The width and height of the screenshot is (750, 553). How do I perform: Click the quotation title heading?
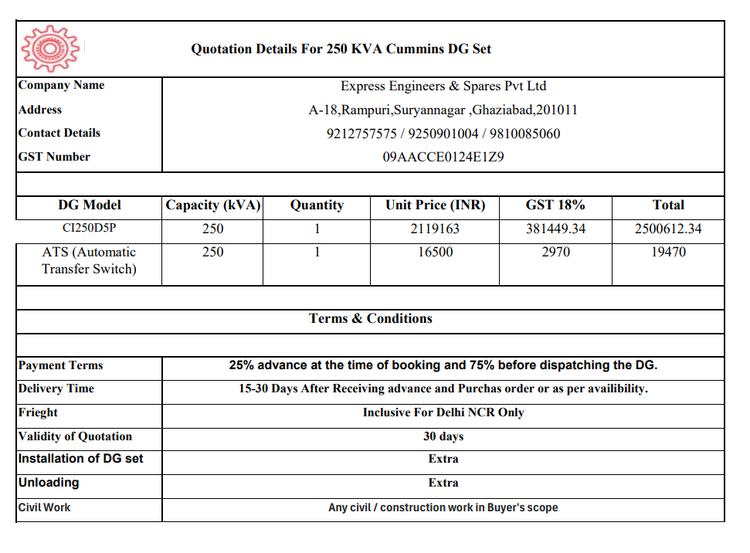[x=341, y=49]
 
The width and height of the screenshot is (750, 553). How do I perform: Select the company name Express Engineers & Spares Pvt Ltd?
[x=443, y=86]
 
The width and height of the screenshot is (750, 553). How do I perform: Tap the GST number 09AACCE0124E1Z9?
[x=443, y=157]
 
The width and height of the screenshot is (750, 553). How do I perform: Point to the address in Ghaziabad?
[x=443, y=110]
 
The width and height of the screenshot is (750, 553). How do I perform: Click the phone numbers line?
[x=443, y=134]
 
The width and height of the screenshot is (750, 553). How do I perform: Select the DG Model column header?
[x=90, y=205]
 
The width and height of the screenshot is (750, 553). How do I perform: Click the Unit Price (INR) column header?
[x=435, y=205]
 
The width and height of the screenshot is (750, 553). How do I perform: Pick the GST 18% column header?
[x=555, y=205]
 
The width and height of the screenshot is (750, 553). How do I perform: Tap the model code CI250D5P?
[x=90, y=229]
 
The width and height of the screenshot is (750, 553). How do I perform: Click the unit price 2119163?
[x=435, y=229]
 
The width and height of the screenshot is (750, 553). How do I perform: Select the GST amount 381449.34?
[x=555, y=229]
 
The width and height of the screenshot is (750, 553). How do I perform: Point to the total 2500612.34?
[x=668, y=229]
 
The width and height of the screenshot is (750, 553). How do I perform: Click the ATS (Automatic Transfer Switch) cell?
[x=90, y=260]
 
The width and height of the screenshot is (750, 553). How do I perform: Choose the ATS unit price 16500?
[x=435, y=252]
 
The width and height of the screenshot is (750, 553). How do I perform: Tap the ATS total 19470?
[x=668, y=252]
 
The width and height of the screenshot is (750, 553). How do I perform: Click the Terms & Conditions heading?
[x=371, y=318]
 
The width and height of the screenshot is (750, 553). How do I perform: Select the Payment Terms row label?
[x=60, y=365]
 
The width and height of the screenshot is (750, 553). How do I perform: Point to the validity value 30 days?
[x=443, y=436]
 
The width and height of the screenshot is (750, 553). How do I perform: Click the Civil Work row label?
[x=45, y=507]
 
